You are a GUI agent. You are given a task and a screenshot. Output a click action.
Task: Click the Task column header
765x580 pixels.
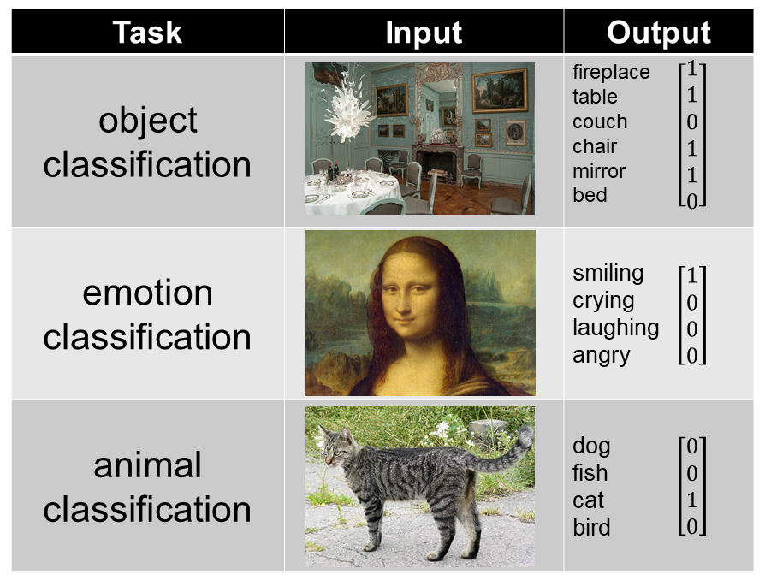[x=147, y=32]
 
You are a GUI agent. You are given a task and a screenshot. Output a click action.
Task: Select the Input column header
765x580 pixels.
[x=424, y=32]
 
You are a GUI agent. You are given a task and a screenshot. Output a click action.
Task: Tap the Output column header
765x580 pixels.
[x=659, y=32]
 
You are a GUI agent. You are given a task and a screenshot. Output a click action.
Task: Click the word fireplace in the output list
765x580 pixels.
[x=611, y=72]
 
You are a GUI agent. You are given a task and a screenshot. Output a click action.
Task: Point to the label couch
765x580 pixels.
[x=600, y=121]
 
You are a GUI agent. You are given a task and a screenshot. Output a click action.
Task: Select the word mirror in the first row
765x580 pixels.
[x=599, y=171]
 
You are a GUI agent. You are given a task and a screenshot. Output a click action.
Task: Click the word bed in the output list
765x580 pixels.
[x=590, y=195]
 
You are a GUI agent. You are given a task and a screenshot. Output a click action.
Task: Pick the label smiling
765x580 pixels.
[x=608, y=273]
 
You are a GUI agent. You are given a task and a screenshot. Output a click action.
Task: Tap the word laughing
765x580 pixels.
[x=615, y=328]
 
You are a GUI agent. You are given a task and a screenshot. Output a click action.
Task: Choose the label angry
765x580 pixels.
[x=601, y=355]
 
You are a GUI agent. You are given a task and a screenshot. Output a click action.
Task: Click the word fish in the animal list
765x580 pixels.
[x=590, y=473]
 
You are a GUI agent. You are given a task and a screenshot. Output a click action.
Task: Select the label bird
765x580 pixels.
[x=591, y=528]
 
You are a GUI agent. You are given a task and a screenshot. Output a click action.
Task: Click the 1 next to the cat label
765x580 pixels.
[x=691, y=500]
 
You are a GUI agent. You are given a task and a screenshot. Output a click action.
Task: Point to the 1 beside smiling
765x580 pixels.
[x=691, y=275]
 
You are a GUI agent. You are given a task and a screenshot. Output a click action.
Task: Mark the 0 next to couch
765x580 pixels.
[x=691, y=122]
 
